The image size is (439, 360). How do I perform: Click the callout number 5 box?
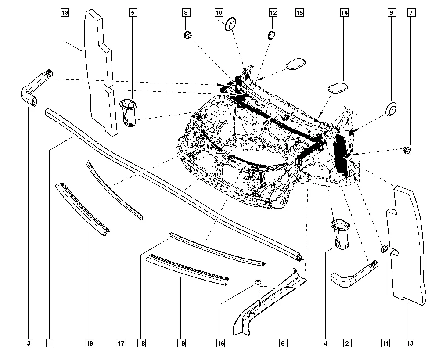tap(132, 13)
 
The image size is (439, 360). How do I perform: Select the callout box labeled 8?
tap(186, 13)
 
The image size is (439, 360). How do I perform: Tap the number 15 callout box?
tap(300, 13)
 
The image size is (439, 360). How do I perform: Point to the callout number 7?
tap(411, 13)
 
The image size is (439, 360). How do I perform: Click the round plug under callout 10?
tap(231, 24)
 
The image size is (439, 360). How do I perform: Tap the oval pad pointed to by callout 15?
tap(295, 63)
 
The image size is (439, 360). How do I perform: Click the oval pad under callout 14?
tap(338, 86)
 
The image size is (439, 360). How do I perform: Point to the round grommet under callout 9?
tap(390, 110)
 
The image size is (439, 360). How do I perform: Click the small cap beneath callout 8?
tap(187, 35)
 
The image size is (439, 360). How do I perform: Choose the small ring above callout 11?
tap(384, 249)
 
